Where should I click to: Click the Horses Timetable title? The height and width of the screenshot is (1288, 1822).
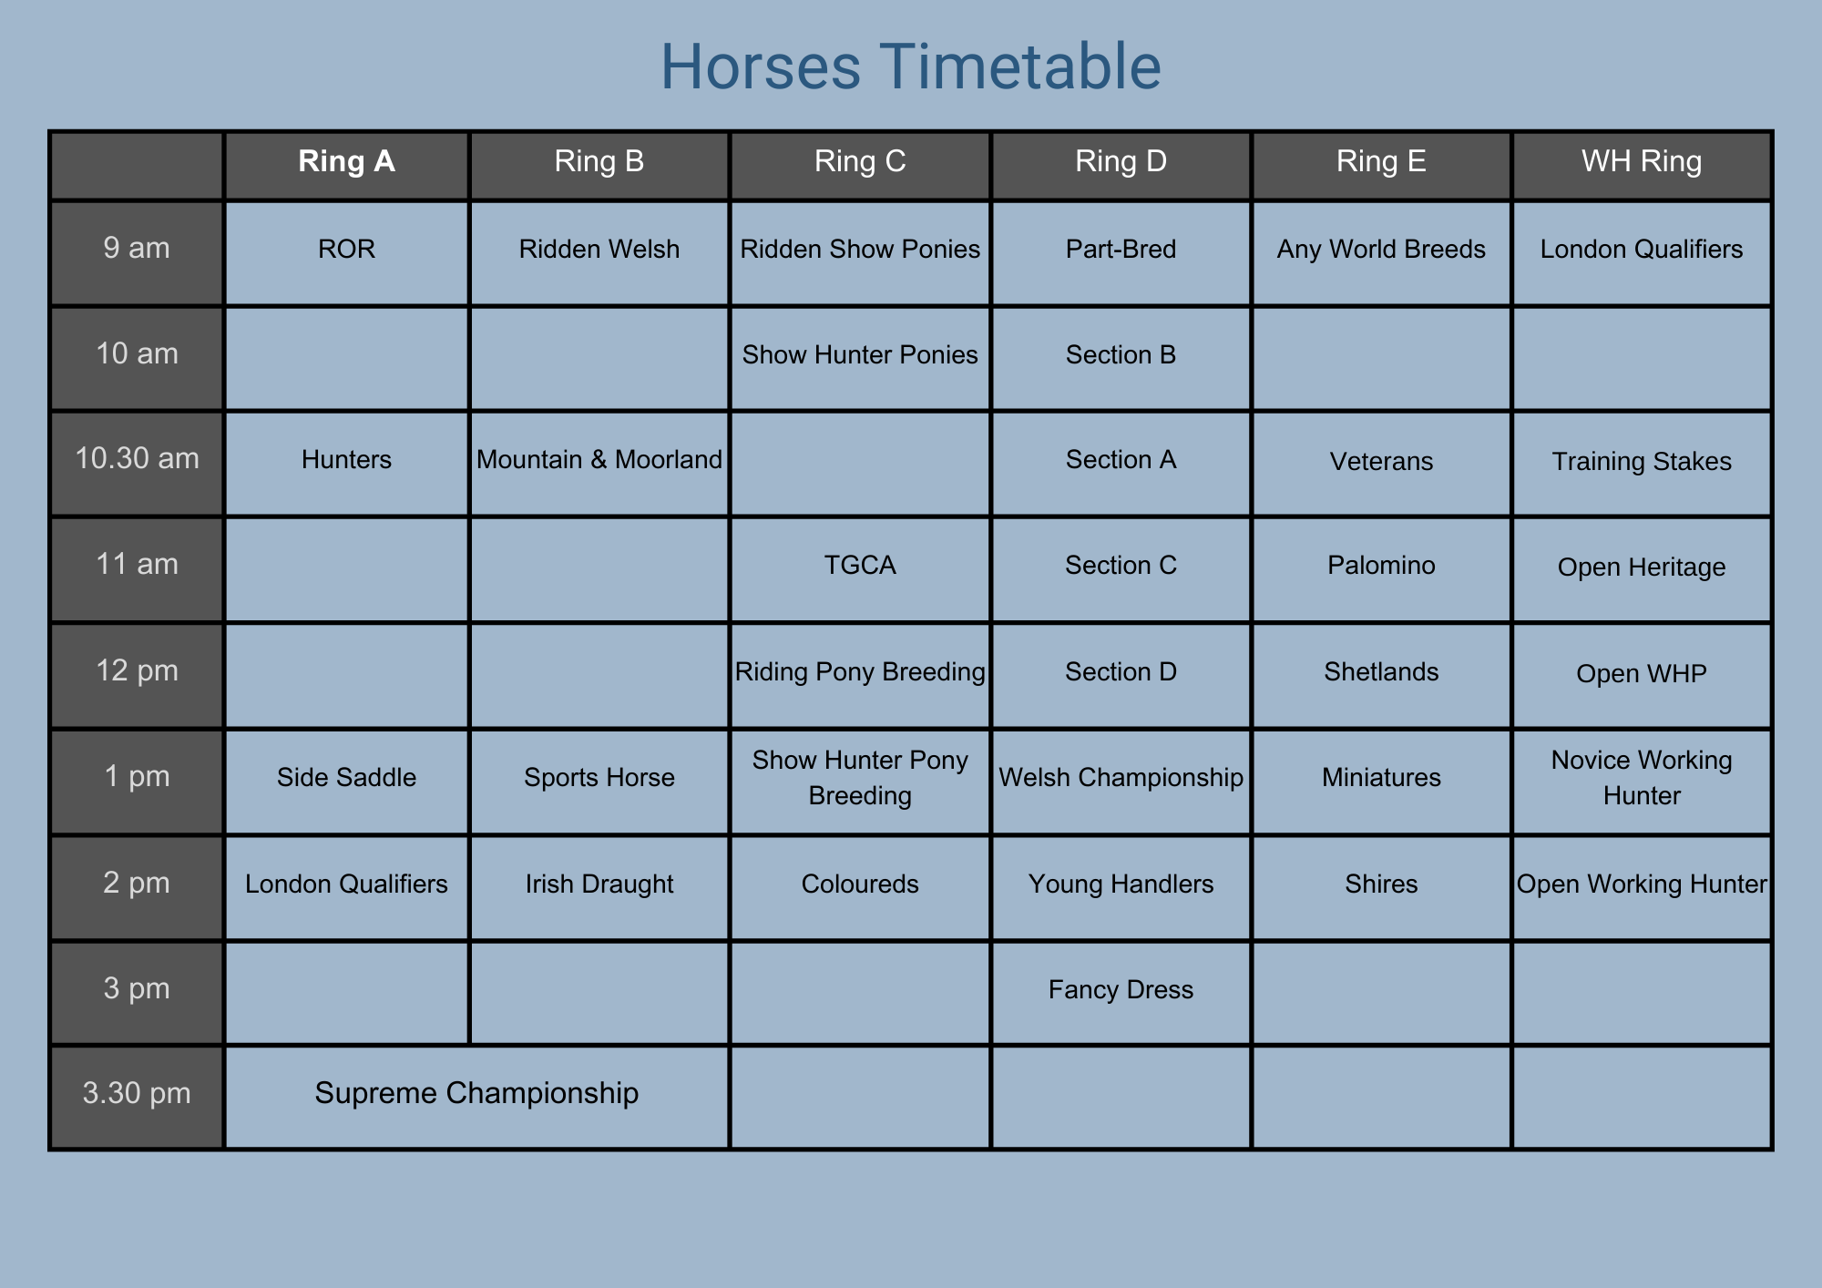[x=910, y=66]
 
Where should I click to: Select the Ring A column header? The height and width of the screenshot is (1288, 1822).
[x=346, y=161]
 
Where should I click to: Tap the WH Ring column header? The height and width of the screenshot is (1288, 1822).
[x=1642, y=161]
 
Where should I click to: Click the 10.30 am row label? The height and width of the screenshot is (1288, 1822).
[x=137, y=458]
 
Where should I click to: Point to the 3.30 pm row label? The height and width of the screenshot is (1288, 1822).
[x=137, y=1093]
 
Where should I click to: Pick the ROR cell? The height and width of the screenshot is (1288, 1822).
[x=346, y=250]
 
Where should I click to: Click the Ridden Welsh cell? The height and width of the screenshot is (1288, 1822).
[x=599, y=250]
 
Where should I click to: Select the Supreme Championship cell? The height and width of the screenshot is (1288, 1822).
[x=476, y=1093]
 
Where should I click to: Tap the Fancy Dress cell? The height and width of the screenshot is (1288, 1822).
[x=1121, y=990]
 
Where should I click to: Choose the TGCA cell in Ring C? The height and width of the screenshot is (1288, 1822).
[x=860, y=566]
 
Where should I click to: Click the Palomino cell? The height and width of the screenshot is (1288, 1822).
[x=1381, y=566]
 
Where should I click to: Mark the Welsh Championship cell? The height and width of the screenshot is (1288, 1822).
[x=1121, y=778]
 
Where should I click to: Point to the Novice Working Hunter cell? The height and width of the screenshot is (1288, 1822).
[x=1642, y=778]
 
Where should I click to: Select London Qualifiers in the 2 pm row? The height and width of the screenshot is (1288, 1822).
[x=346, y=884]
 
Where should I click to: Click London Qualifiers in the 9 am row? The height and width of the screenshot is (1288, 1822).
[x=1642, y=250]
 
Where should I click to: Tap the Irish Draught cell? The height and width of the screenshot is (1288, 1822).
[x=599, y=884]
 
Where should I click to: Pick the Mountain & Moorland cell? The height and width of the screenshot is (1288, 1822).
[x=599, y=460]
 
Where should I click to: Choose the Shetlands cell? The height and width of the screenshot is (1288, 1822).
[x=1381, y=672]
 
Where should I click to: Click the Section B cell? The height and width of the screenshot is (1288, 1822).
[x=1121, y=354]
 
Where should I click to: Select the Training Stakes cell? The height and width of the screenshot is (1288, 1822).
[x=1642, y=462]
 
